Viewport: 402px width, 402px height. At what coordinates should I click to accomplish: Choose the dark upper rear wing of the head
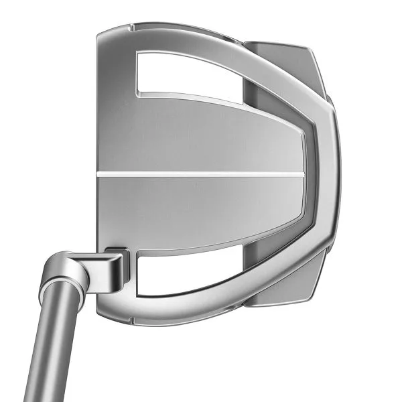(x=281, y=67)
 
